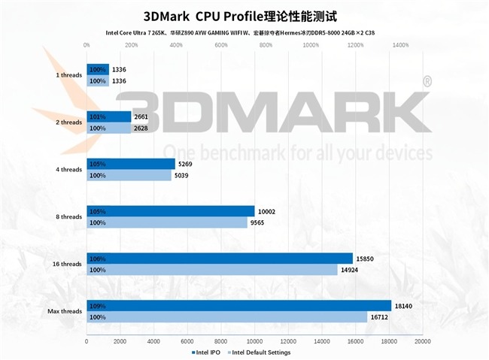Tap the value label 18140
[403, 305]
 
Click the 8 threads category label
[68, 217]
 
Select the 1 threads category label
[68, 75]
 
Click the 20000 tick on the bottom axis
[423, 341]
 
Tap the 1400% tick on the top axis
[401, 45]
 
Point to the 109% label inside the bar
[97, 306]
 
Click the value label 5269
[186, 164]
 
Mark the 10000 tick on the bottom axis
[255, 341]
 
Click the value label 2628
[141, 129]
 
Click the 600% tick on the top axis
[221, 45]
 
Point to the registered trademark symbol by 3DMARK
[427, 80]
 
